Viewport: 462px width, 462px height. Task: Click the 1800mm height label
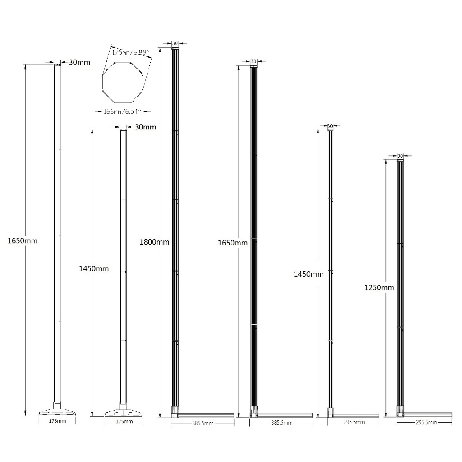click(x=154, y=242)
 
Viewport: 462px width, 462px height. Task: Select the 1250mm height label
click(x=379, y=287)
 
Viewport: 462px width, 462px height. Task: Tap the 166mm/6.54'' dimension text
click(x=123, y=111)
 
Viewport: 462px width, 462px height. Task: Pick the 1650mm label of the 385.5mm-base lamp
click(x=232, y=243)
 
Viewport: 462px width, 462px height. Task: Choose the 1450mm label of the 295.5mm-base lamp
click(x=309, y=274)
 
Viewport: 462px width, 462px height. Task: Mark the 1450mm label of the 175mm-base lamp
click(x=94, y=268)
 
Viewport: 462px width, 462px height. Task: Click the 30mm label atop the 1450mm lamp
click(x=145, y=127)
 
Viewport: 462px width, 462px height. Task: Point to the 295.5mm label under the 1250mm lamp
click(x=425, y=422)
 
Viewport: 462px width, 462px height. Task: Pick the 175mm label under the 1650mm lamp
click(x=57, y=421)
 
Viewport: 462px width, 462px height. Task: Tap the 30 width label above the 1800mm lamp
click(x=175, y=44)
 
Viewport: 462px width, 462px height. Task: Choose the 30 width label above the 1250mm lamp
click(x=400, y=156)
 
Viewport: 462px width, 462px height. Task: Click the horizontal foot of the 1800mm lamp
click(x=205, y=414)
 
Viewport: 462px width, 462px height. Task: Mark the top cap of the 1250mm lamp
click(x=400, y=160)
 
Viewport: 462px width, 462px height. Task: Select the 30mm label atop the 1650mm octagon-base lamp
click(x=79, y=62)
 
